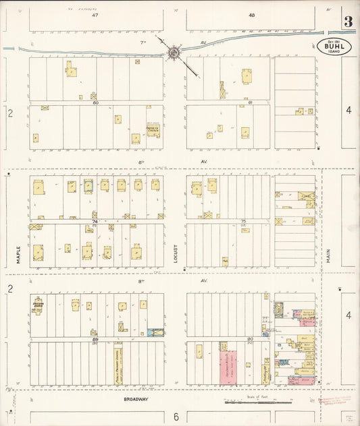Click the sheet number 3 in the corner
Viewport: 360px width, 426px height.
[x=348, y=21]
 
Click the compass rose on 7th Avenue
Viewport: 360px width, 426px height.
[x=174, y=51]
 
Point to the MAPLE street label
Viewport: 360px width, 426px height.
[x=18, y=253]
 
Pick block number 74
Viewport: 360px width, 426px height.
[x=95, y=221]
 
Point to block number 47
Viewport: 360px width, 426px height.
[x=95, y=15]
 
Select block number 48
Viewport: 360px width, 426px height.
[x=251, y=15]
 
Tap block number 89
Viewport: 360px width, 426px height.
[x=95, y=339]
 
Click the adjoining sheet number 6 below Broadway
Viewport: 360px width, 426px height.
[x=176, y=417]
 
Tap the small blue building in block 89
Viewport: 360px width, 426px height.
[x=155, y=332]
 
